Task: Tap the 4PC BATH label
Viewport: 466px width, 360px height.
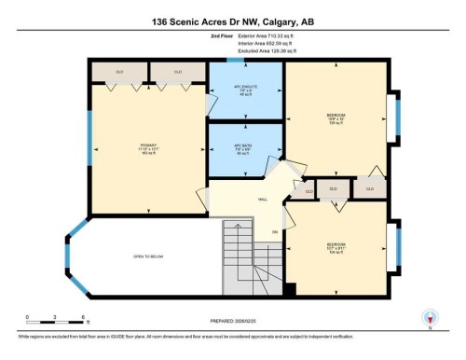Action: tap(245, 149)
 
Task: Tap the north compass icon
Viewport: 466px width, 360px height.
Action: tap(430, 317)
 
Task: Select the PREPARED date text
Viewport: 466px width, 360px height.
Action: tap(232, 321)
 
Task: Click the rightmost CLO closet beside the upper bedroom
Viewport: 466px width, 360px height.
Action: tap(370, 188)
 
